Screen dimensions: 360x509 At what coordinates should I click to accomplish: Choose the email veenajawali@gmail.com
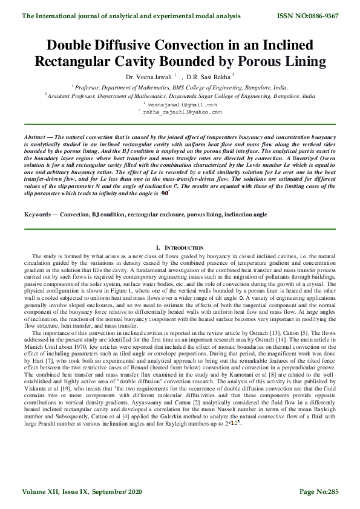(x=182, y=104)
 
